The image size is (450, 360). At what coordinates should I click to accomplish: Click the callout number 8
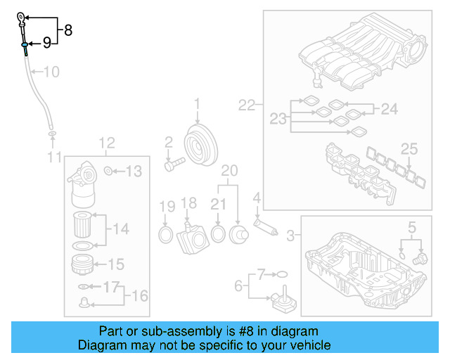tap(68, 30)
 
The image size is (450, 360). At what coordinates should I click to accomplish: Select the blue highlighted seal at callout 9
tap(25, 45)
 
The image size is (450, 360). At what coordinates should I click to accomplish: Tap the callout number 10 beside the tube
tap(52, 71)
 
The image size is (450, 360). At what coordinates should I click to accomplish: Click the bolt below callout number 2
tap(174, 165)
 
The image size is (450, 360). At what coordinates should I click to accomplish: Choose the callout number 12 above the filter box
tap(106, 144)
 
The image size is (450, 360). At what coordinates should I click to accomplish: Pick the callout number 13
tap(134, 171)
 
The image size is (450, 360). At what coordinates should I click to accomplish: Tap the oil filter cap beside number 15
tap(84, 266)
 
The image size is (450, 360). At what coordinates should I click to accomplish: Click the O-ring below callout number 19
tap(166, 233)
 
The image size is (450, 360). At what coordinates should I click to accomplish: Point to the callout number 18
tap(188, 204)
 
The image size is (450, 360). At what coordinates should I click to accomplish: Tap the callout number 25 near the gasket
tap(409, 148)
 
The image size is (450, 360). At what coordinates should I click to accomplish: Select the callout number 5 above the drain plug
tap(411, 226)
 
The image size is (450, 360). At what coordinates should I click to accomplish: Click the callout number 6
tap(238, 285)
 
